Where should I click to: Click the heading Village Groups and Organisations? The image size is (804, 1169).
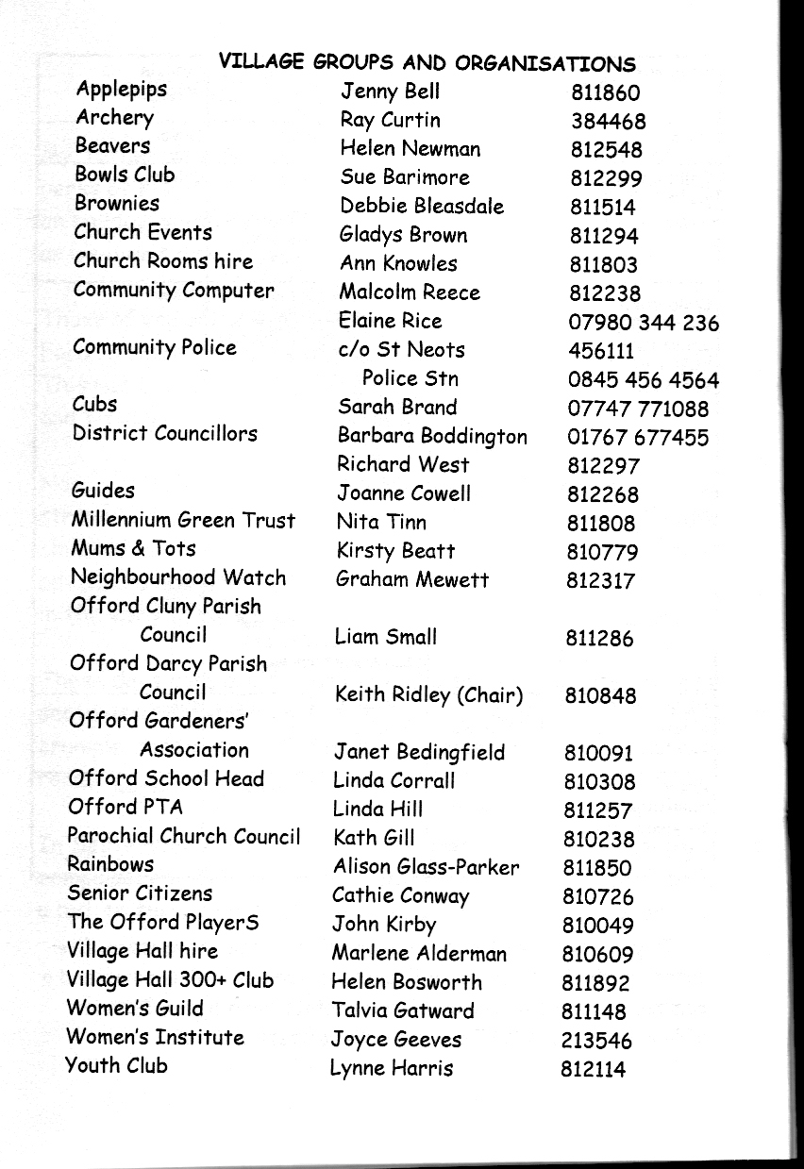[427, 63]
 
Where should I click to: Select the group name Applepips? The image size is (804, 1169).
[122, 90]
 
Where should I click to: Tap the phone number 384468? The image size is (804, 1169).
[608, 122]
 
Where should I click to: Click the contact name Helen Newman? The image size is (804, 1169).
[410, 149]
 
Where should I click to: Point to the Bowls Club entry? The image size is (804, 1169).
[125, 175]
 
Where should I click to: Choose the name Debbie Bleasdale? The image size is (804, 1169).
[422, 207]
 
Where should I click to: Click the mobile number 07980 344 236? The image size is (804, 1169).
[643, 324]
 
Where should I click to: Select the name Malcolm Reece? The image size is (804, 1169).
[409, 292]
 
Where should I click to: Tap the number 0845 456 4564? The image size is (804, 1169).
[643, 381]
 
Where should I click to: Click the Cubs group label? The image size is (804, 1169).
[94, 405]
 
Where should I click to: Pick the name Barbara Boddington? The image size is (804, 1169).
[431, 437]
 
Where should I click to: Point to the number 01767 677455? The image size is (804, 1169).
[637, 438]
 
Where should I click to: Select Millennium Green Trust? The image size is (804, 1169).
[183, 520]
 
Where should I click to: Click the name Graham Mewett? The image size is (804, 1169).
[412, 580]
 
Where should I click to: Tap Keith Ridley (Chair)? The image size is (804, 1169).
[428, 696]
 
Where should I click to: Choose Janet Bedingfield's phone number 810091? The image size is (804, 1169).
[598, 754]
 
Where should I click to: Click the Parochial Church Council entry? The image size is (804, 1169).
[183, 836]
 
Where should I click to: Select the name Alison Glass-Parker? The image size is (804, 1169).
[426, 867]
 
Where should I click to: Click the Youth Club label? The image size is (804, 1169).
[116, 1066]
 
